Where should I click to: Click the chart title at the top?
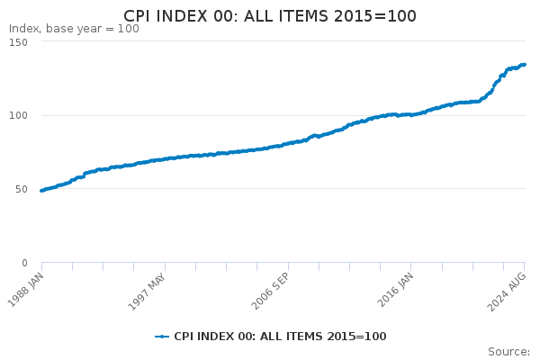[x=270, y=16]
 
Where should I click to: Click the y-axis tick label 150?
[x=18, y=42]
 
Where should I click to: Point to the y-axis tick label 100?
[x=18, y=115]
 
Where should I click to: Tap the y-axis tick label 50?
[x=22, y=189]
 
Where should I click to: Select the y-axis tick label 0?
[x=24, y=263]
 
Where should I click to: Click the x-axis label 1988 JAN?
[x=26, y=290]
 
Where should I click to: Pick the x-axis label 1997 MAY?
[x=147, y=292]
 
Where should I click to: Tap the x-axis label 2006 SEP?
[x=270, y=291]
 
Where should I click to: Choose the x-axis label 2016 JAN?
[x=395, y=290]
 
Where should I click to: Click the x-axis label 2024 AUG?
[x=507, y=292]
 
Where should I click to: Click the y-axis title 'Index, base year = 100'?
[x=74, y=29]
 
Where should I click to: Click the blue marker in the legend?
[x=162, y=337]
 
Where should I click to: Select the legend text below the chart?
[x=280, y=337]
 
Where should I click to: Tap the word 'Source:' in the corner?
[x=509, y=352]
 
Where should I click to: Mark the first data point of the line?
[x=41, y=191]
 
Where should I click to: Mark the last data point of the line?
[x=524, y=65]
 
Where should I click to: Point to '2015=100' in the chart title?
[x=375, y=16]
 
